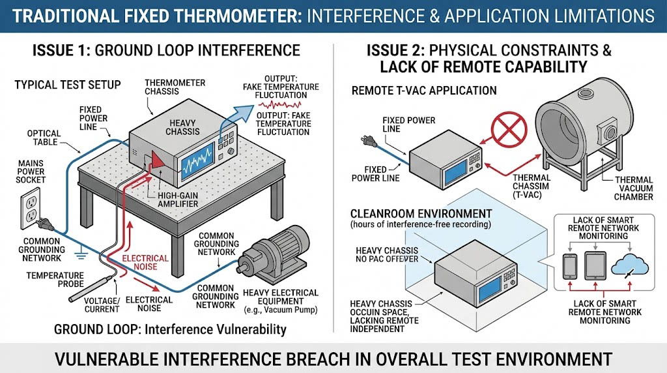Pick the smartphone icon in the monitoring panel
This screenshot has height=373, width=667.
coord(567,267)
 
